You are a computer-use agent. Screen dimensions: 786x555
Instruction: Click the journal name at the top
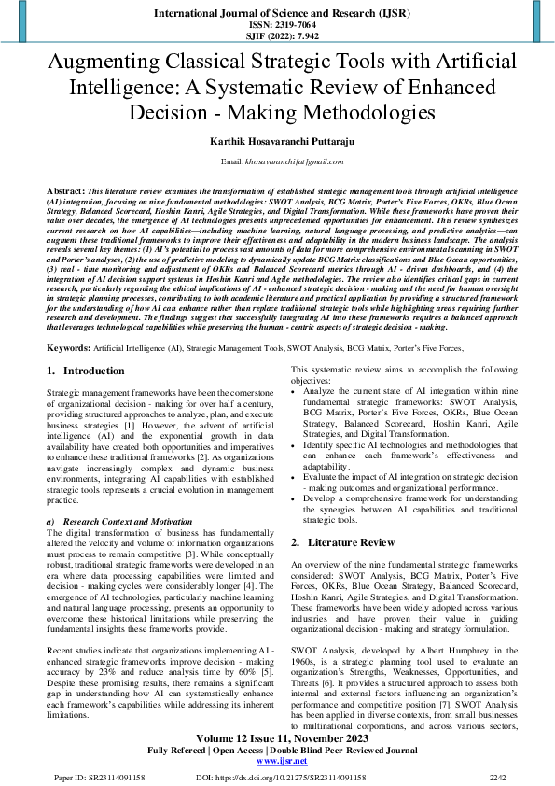coord(277,14)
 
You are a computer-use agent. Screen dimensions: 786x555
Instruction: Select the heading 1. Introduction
coord(86,371)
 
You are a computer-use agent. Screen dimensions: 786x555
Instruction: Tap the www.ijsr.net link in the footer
coord(277,762)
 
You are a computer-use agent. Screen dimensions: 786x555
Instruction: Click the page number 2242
coord(498,777)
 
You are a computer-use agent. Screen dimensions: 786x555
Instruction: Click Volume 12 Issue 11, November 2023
coord(277,737)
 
